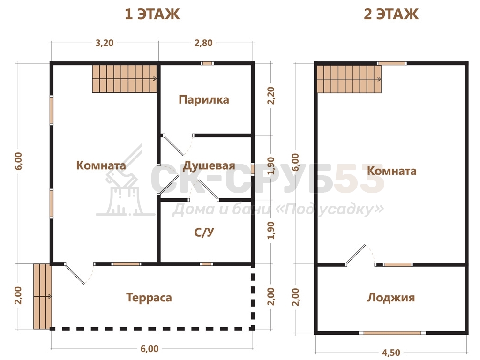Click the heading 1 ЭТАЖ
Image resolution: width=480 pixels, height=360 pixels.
[152, 14]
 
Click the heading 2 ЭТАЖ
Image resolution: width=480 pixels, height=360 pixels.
[391, 14]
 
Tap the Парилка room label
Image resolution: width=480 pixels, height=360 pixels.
[204, 99]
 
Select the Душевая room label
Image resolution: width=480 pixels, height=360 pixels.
[209, 165]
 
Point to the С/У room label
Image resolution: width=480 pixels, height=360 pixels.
[204, 232]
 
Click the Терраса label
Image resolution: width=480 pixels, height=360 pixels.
[149, 298]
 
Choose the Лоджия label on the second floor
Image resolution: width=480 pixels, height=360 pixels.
[391, 298]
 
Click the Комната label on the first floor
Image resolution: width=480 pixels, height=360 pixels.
[101, 165]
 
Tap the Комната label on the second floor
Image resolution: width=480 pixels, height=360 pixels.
[392, 171]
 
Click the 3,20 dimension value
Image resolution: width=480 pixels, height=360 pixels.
[105, 43]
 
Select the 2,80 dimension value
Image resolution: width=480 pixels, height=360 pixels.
[203, 43]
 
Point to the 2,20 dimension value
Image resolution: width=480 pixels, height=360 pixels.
[271, 96]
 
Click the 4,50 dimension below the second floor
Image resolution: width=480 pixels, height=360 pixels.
[391, 353]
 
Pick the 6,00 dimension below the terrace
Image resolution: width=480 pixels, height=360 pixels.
[150, 349]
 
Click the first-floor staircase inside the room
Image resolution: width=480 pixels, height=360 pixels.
[125, 79]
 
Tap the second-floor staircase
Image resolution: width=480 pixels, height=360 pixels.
[349, 79]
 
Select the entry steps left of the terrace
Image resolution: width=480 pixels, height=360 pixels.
[42, 296]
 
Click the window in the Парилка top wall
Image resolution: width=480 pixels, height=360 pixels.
[207, 63]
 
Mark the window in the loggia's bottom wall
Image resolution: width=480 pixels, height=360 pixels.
[392, 333]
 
